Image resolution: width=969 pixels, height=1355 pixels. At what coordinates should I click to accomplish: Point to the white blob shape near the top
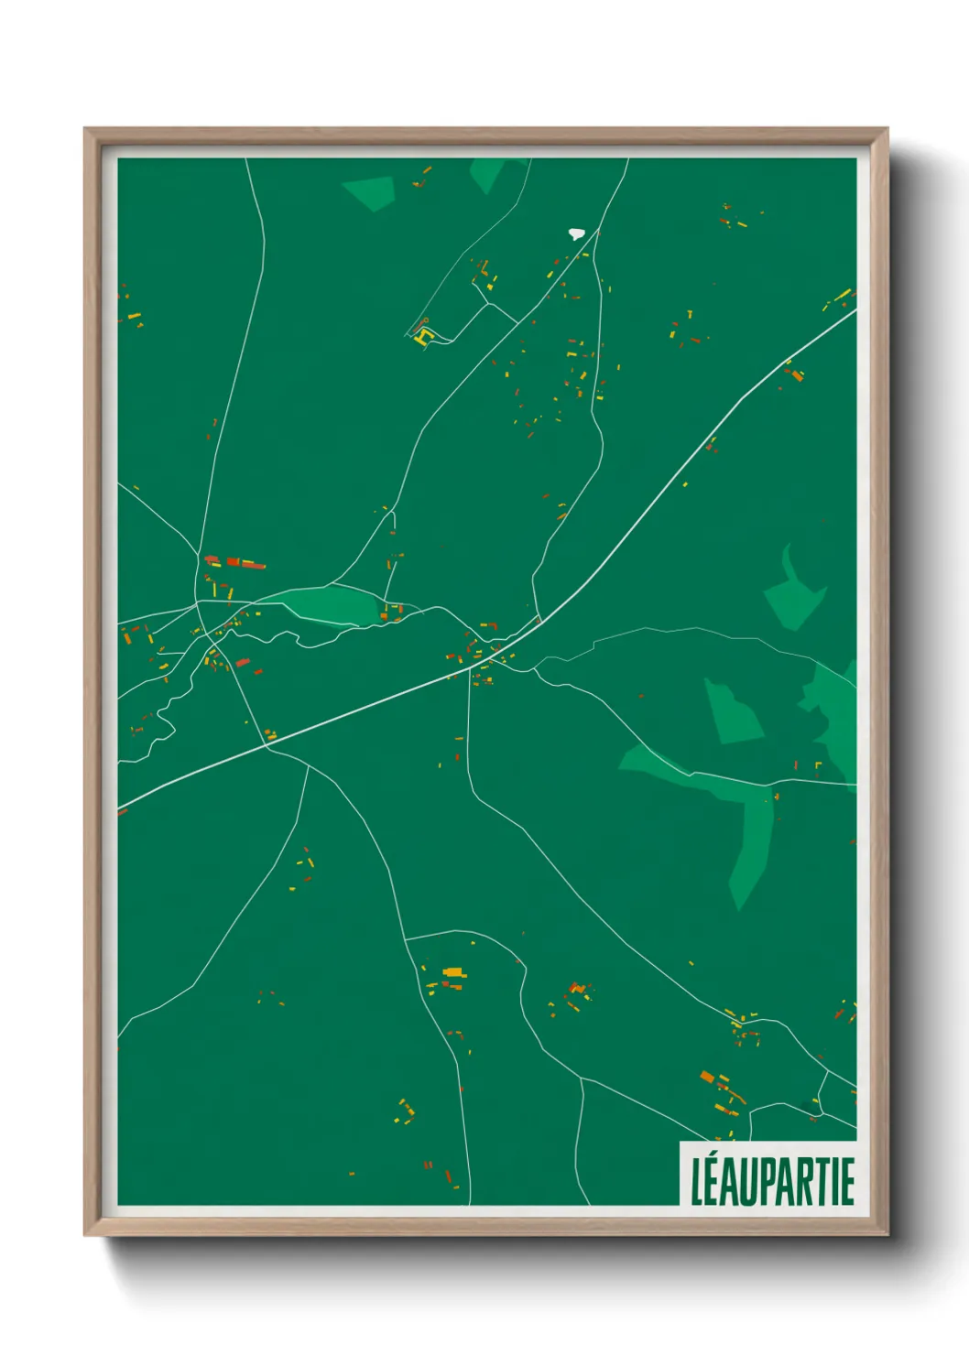click(576, 233)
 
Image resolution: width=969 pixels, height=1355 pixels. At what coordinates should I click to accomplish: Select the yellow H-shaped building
click(422, 338)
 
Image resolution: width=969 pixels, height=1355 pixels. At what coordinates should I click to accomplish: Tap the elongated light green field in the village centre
click(331, 605)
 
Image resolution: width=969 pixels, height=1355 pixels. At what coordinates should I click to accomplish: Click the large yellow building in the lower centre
click(452, 971)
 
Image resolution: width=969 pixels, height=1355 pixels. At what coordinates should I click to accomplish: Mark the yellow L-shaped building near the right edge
click(818, 764)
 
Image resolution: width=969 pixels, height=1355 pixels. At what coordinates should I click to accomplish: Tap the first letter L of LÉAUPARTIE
click(699, 1182)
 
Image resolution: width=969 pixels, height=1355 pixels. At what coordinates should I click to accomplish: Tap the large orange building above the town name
click(706, 1076)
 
